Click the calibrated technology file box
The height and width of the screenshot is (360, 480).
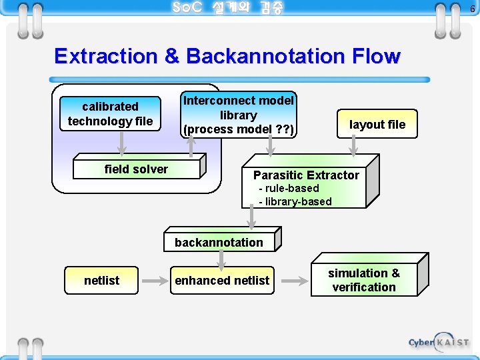point(110,114)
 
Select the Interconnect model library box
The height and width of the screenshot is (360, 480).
point(239,115)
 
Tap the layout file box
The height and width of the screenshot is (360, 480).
point(377,125)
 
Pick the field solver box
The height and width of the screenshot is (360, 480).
point(136,169)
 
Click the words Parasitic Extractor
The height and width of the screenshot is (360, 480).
point(306,175)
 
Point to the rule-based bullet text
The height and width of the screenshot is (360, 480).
point(289,189)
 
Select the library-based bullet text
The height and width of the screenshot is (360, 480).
point(295,201)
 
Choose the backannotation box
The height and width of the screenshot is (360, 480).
point(219,242)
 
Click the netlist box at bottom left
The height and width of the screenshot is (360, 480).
point(101,281)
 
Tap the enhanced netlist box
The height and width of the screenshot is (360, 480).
point(222,281)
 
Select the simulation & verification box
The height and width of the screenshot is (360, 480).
point(364,280)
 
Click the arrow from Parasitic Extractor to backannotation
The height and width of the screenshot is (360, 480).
point(252,217)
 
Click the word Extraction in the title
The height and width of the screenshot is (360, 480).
point(107,56)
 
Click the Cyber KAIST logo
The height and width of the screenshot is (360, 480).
point(439,342)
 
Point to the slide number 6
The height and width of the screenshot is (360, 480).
point(472,9)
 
